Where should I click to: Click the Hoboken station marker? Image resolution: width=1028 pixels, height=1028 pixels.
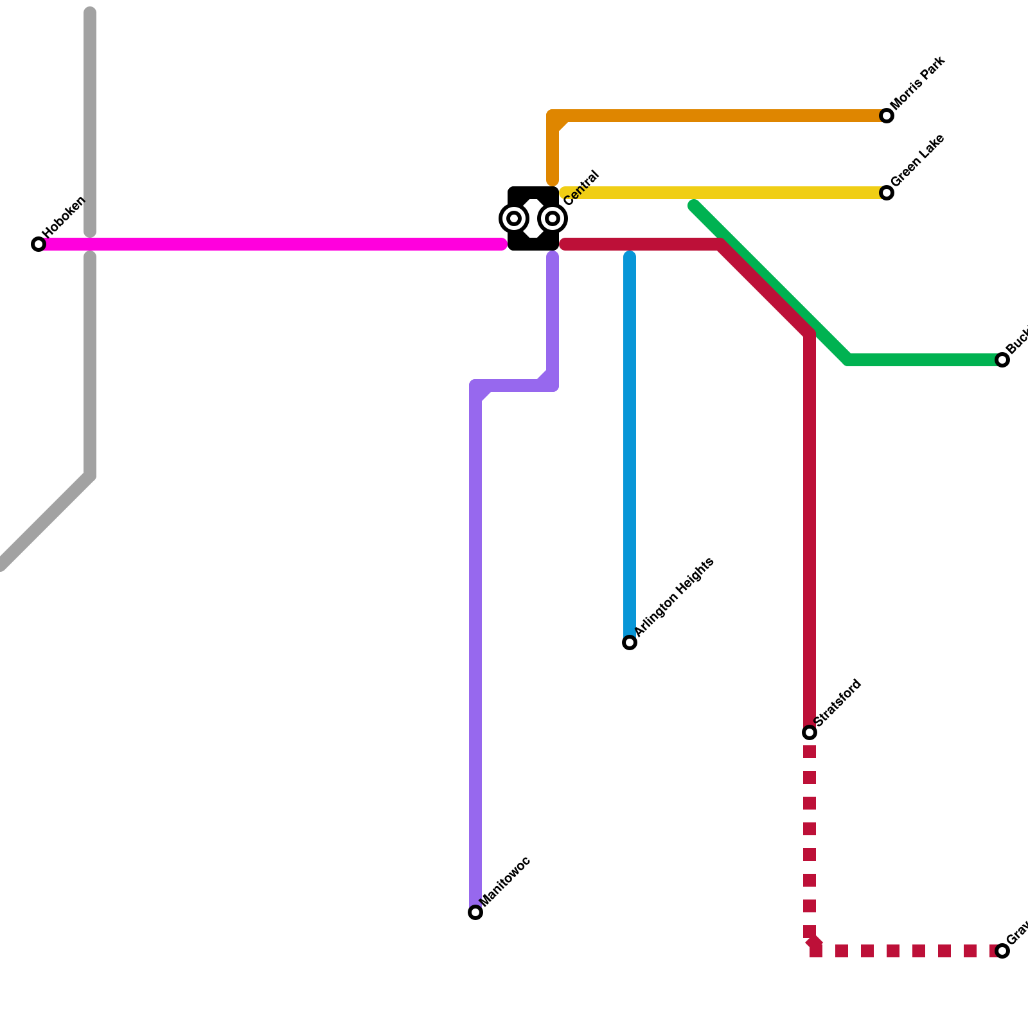[39, 244]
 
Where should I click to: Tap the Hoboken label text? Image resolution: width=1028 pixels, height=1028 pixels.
[64, 216]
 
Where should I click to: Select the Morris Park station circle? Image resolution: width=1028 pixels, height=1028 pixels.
[887, 116]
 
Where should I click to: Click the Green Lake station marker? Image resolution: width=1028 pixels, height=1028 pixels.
[887, 193]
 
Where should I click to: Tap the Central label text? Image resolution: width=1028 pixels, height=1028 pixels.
[581, 188]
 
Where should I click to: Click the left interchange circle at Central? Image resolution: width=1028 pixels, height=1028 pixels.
[514, 218]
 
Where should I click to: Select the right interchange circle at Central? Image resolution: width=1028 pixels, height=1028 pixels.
[553, 218]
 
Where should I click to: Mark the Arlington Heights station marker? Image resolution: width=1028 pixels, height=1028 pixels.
[630, 642]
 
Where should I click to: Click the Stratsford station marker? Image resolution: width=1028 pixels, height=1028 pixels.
[810, 732]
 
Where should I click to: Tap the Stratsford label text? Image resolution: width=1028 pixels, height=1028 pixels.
[838, 703]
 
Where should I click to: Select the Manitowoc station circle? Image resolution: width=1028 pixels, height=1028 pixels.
[475, 912]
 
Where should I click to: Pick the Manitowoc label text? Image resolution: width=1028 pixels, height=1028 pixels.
[505, 882]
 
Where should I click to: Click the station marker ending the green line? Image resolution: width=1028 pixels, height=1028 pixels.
[1002, 360]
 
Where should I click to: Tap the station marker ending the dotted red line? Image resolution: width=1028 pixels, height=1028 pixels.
[1002, 951]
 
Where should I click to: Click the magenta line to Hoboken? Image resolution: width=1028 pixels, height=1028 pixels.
[270, 244]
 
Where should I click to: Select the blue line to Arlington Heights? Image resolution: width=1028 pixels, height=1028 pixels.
[630, 450]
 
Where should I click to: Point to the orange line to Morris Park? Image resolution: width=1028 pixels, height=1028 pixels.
[720, 116]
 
